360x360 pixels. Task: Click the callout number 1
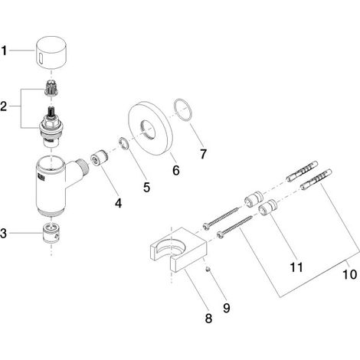[x=4, y=51]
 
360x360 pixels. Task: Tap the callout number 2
[x=4, y=106]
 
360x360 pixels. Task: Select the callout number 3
[x=3, y=233]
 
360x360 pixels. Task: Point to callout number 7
[x=203, y=154]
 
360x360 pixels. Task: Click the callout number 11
[x=296, y=267]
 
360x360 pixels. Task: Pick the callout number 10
[x=349, y=274]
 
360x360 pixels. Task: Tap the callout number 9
[x=227, y=308]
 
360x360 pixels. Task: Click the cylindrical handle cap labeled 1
[x=51, y=53]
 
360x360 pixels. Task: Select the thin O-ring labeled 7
[x=183, y=110]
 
